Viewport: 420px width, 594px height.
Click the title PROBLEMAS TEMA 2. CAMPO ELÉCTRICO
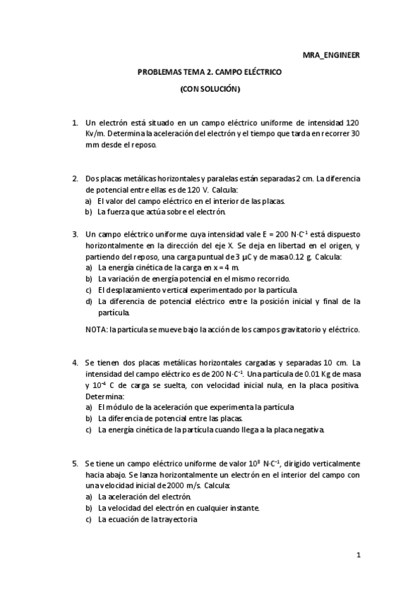pyautogui.click(x=210, y=71)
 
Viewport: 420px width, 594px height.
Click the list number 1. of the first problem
pyautogui.click(x=75, y=123)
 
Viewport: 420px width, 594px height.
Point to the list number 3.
pyautogui.click(x=75, y=234)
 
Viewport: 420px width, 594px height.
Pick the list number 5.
pyautogui.click(x=75, y=464)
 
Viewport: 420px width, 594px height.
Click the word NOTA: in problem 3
pyautogui.click(x=96, y=329)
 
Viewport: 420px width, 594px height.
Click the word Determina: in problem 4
pyautogui.click(x=103, y=396)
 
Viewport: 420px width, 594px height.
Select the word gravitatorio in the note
pyautogui.click(x=283, y=329)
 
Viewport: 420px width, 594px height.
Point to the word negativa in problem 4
pyautogui.click(x=309, y=430)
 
